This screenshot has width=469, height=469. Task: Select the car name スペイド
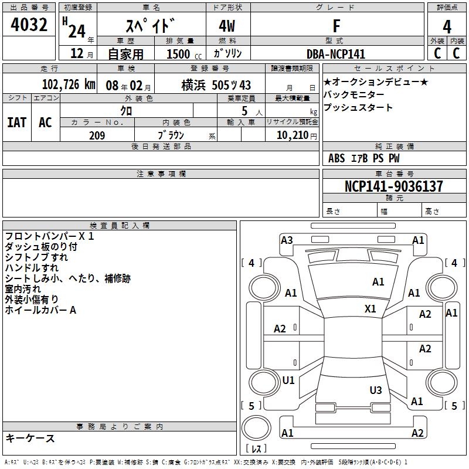pos(150,27)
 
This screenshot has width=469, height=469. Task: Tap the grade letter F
pos(336,26)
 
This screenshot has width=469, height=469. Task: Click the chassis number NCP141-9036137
pos(394,186)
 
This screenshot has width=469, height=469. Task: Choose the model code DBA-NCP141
pos(335,53)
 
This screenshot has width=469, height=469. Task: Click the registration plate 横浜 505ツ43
pos(216,84)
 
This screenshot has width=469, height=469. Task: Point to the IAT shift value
pos(16,123)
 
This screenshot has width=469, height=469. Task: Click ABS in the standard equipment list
pos(337,158)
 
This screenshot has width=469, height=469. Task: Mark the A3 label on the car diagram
pos(287,240)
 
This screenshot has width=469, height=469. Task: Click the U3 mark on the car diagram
pos(376,390)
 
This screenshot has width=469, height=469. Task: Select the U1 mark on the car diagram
pos(288,380)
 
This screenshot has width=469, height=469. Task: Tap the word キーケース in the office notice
pos(30,438)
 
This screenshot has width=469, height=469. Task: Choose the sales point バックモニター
pos(354,95)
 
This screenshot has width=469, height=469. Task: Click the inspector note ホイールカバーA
pos(40,310)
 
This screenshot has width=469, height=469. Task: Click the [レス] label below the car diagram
pos(256,449)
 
